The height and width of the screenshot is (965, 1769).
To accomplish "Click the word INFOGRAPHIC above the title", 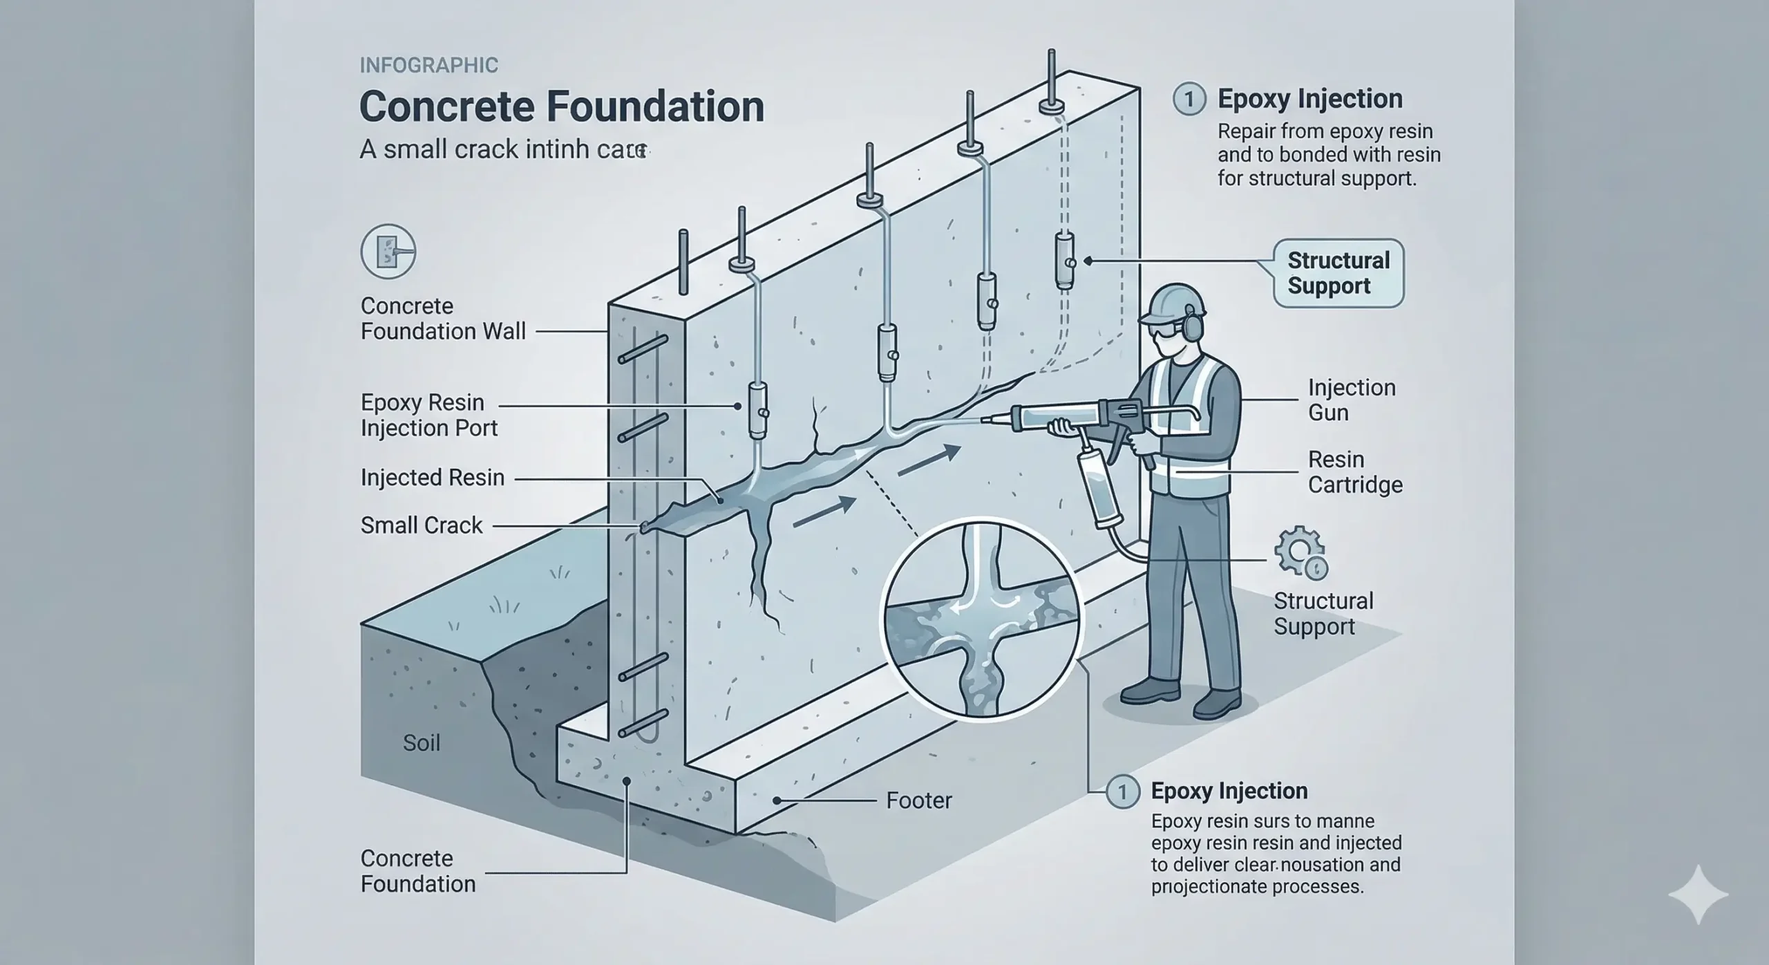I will pos(428,66).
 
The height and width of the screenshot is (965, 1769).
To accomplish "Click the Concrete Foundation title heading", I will pos(561,106).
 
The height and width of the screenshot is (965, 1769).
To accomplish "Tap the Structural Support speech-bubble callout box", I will pos(1338,273).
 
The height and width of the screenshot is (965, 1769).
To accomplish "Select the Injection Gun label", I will pos(1351,400).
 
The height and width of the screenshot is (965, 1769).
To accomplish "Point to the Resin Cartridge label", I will pos(1354,472).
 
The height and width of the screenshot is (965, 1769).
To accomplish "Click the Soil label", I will pos(422,743).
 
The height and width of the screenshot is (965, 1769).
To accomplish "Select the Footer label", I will pos(918,800).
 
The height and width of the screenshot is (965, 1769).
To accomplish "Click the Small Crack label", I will pos(422,525).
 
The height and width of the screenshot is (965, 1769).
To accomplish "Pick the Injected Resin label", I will pos(433,478).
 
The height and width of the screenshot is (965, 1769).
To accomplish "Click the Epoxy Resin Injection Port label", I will pos(428,415).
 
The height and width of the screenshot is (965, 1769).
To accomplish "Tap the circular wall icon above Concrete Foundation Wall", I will pos(388,252).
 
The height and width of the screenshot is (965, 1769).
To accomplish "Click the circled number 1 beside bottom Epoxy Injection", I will pos(1122,791).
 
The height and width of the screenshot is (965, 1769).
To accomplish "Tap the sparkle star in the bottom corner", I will pos(1698,894).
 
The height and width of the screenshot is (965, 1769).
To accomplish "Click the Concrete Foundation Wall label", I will pos(442,319).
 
